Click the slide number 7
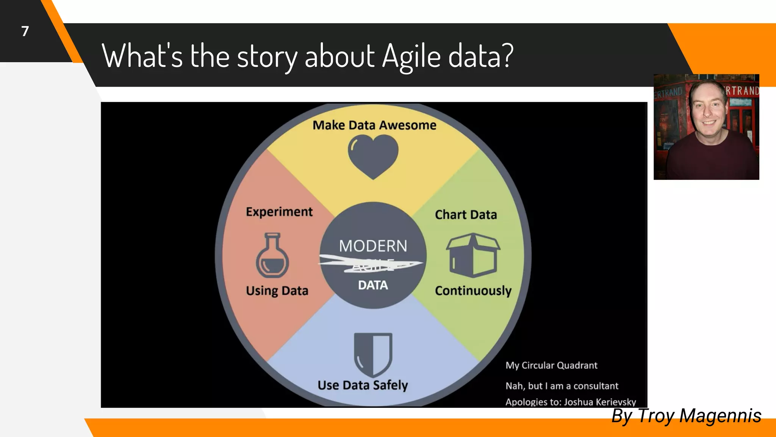tap(25, 31)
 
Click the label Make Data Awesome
tap(374, 125)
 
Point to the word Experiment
tap(279, 212)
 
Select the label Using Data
tap(277, 291)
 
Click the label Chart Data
tap(466, 215)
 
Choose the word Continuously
tap(473, 291)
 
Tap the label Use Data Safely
tap(363, 385)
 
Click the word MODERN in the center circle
tap(373, 246)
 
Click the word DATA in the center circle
tap(373, 285)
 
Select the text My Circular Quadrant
tap(551, 365)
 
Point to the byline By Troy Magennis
tap(686, 416)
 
